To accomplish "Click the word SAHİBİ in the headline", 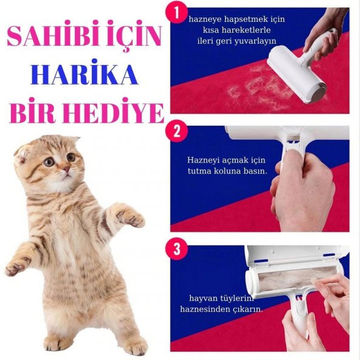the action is [54, 36].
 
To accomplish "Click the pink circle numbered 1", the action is [176, 13].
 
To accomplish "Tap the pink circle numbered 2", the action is [177, 131].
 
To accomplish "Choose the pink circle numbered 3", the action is [177, 249].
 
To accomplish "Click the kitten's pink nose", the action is [66, 169].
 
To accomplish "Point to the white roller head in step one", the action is [297, 74].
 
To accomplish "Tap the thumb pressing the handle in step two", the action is [291, 159].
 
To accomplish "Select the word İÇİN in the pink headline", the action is [134, 36].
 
